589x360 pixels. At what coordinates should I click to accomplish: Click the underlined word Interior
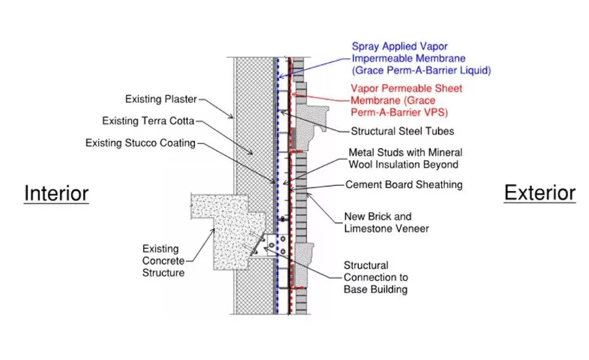coord(56,194)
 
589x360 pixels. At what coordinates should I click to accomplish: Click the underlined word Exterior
coord(539,193)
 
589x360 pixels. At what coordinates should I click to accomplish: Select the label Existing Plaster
coord(161,99)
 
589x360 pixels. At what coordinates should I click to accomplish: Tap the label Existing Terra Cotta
coord(148,121)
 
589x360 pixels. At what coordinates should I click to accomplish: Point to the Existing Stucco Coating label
coord(141,143)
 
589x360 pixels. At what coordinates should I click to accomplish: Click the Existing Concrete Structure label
coord(164,261)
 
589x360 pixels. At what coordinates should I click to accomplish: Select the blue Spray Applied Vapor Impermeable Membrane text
coord(421,58)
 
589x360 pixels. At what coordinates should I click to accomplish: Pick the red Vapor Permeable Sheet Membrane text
coord(406,100)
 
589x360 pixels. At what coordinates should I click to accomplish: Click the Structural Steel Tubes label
coord(402,131)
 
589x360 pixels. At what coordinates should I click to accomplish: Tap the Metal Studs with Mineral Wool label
coord(405,158)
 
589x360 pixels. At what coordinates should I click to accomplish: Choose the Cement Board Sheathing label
coord(404,185)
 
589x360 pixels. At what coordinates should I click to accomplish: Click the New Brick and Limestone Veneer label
coord(387,223)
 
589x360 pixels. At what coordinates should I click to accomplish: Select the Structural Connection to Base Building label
coord(376,278)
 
